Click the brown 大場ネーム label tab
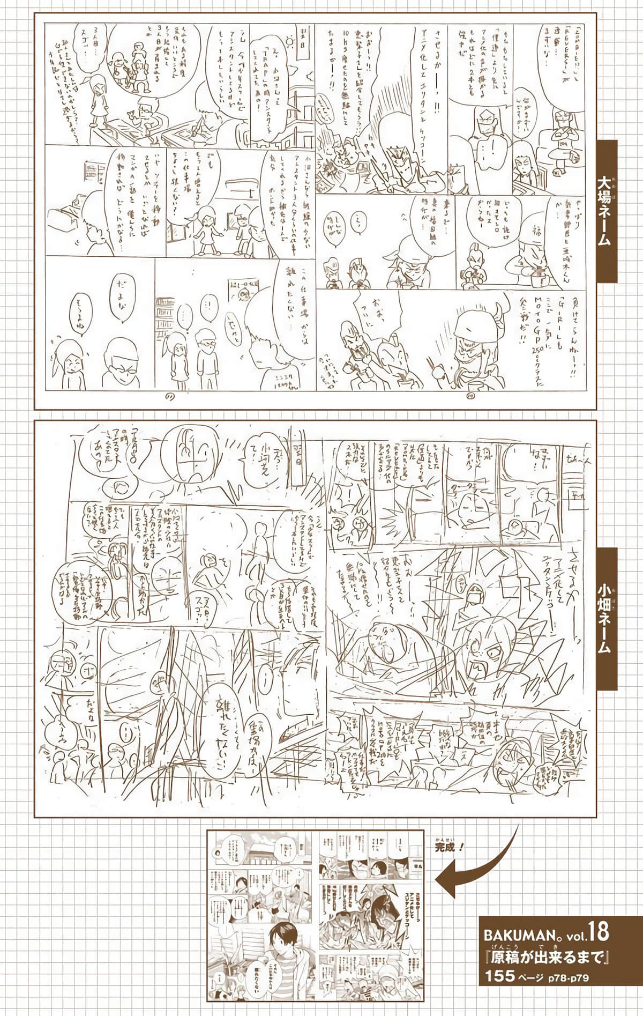(604, 211)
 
